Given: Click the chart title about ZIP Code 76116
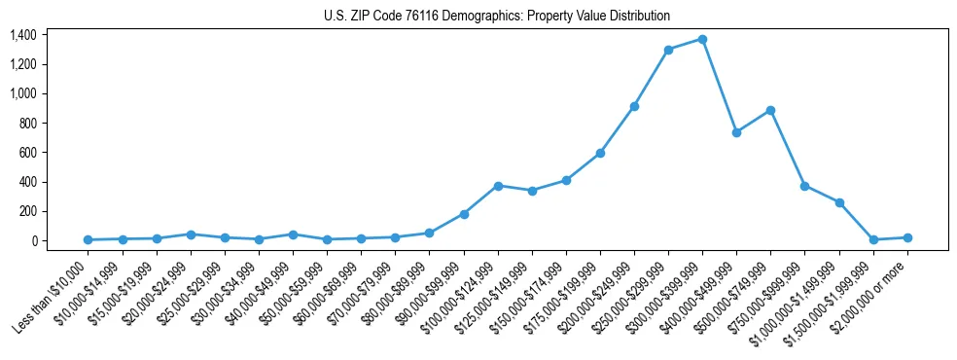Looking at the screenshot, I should pyautogui.click(x=497, y=17).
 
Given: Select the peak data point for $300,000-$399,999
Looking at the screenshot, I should pyautogui.click(x=702, y=39).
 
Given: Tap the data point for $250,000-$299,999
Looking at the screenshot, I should pyautogui.click(x=668, y=50).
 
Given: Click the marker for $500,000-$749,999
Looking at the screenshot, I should pyautogui.click(x=770, y=110).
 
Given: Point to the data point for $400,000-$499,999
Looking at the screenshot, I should pyautogui.click(x=736, y=132).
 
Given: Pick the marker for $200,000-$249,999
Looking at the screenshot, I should pyautogui.click(x=634, y=106).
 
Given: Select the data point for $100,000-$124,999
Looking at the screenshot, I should pyautogui.click(x=498, y=185).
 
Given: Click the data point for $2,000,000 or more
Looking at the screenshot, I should pyautogui.click(x=907, y=237).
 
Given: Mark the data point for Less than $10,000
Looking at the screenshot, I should pyautogui.click(x=88, y=239).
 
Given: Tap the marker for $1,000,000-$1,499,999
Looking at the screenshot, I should pyautogui.click(x=839, y=202).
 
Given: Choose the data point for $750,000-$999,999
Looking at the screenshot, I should pyautogui.click(x=804, y=186).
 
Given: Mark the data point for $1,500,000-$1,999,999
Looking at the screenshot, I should pyautogui.click(x=873, y=239).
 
